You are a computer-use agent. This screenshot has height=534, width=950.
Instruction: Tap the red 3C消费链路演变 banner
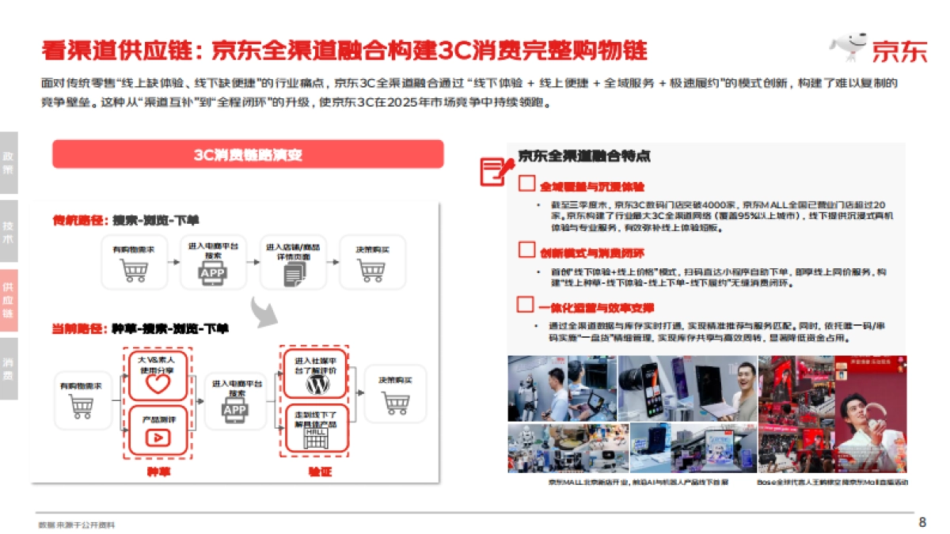point(248,154)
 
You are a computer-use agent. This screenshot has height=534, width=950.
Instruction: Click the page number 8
point(921,522)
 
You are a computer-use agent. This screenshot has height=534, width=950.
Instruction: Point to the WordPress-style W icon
point(317,384)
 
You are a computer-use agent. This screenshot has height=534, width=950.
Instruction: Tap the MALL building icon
point(316,439)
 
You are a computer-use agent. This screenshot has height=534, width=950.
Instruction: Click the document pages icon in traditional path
point(294,273)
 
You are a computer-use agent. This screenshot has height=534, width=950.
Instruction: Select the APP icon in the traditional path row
point(213,273)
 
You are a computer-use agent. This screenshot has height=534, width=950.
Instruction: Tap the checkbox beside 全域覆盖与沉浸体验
point(526,184)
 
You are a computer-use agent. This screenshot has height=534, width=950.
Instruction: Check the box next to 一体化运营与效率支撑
point(524,305)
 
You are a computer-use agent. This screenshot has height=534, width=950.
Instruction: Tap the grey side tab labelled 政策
point(9,162)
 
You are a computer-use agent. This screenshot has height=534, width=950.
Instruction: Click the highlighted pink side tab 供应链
point(9,300)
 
